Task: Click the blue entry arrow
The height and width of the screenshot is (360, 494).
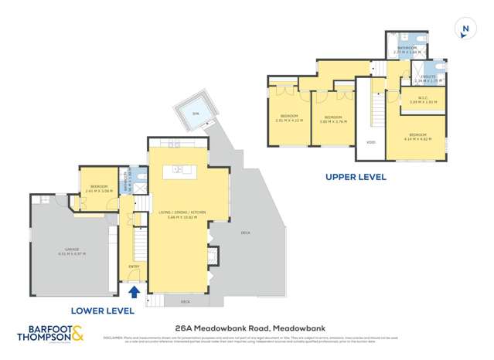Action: pos(133,291)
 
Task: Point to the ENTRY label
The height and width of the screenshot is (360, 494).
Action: pos(134,267)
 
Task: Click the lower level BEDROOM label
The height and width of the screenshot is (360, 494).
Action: pos(98,186)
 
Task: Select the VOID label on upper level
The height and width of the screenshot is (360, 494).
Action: pos(371,142)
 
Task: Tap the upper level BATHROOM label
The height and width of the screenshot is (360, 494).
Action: pos(407,47)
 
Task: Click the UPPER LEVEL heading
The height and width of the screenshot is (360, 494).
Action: pos(356,177)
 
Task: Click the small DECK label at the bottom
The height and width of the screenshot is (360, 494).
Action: pos(185,301)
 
